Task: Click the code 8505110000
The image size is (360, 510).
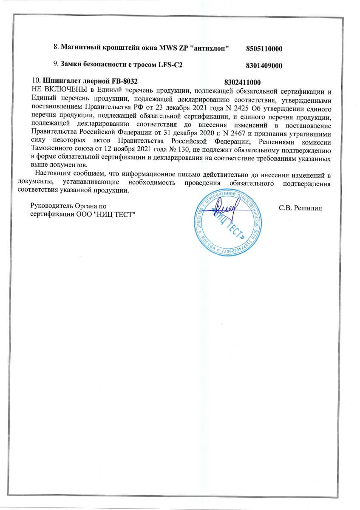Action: coord(264,49)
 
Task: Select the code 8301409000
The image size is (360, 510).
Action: coord(264,66)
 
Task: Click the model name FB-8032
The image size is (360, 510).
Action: coord(126,81)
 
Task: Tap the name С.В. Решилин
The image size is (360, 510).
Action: coord(300,208)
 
